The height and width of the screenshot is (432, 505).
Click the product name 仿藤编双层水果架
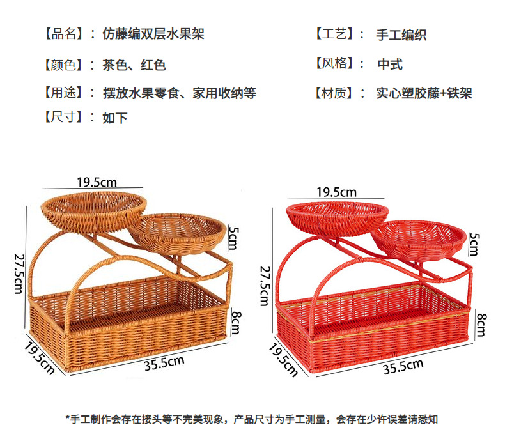point(153,33)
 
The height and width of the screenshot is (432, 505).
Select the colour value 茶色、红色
point(134,65)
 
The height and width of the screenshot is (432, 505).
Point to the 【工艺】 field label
point(336,34)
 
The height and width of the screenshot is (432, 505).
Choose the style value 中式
point(390,65)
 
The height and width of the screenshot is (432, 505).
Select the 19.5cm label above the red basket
point(336,192)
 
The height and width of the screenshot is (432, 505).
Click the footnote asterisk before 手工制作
point(68,419)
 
